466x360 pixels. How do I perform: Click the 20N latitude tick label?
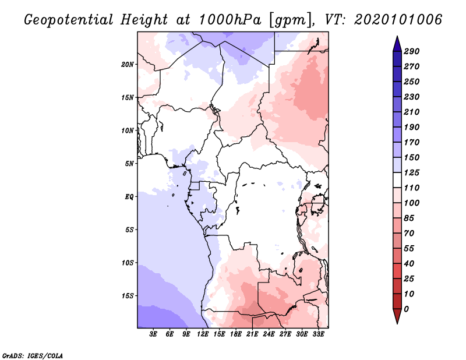[128, 64]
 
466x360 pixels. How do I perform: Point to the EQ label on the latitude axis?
[129, 197]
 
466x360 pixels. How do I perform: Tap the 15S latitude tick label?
[128, 296]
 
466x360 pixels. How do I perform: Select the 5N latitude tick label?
[129, 164]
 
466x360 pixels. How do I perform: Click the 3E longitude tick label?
[154, 334]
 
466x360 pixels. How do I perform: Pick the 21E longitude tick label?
[252, 334]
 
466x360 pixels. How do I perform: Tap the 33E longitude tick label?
[318, 334]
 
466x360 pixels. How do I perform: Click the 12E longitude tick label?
[203, 334]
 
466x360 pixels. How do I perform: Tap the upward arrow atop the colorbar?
[397, 43]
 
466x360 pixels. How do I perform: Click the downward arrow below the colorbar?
[397, 317]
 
